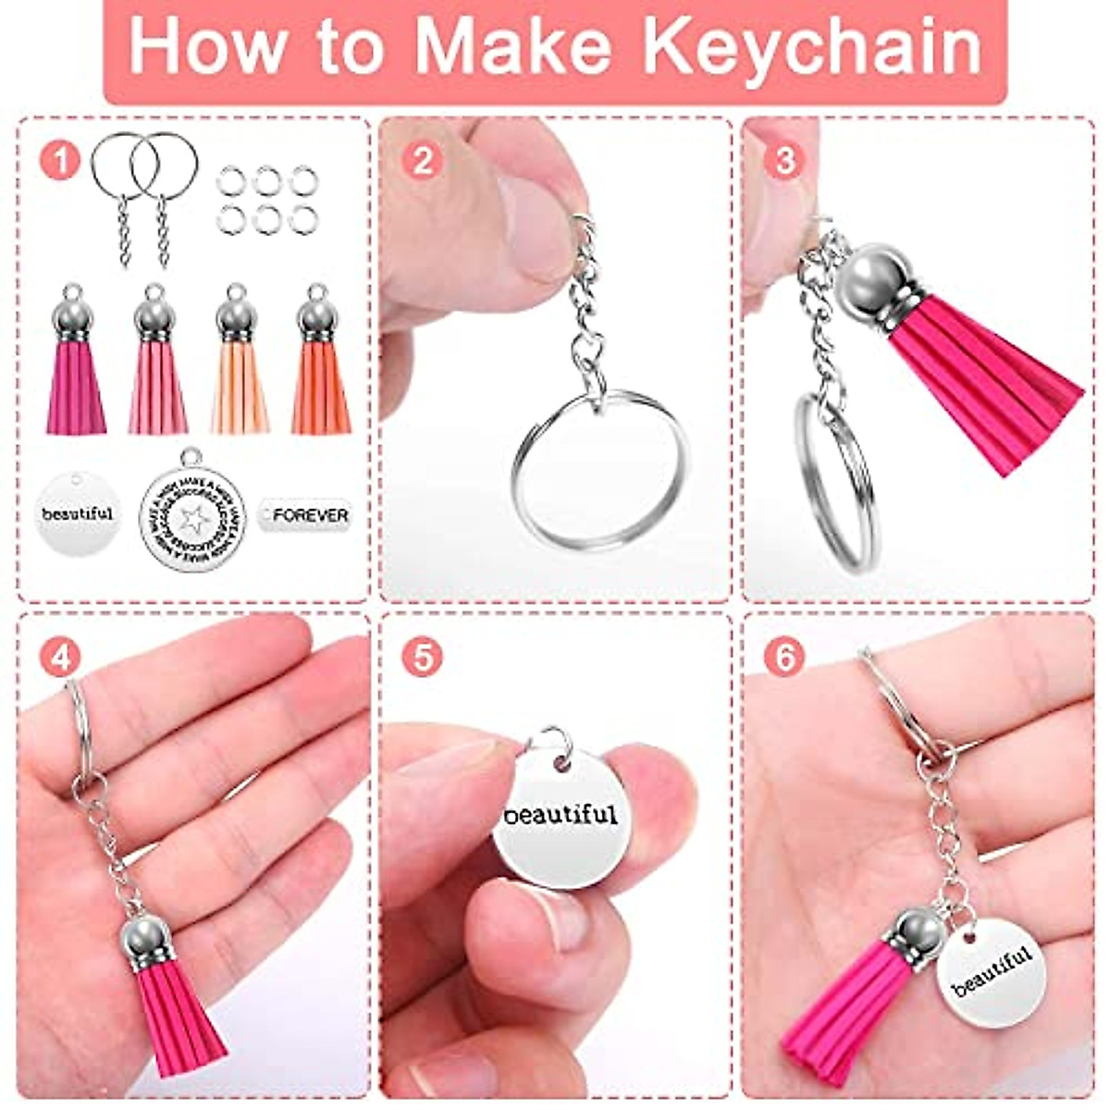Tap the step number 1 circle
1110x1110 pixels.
60,160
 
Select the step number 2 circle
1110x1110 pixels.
423,160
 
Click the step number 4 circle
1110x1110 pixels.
60,658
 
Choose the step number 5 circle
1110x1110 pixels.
423,658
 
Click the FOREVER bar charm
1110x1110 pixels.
305,514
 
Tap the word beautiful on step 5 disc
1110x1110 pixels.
560,815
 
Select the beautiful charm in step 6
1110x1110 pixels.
990,971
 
